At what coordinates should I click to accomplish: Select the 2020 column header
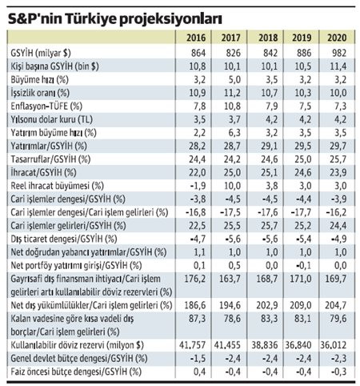(x=337, y=37)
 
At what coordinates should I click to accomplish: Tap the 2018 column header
(x=268, y=37)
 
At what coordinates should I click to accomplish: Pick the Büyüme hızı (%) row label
(x=32, y=81)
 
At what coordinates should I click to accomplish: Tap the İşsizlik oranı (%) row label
(x=35, y=93)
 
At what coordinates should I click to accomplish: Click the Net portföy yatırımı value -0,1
(x=302, y=263)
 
